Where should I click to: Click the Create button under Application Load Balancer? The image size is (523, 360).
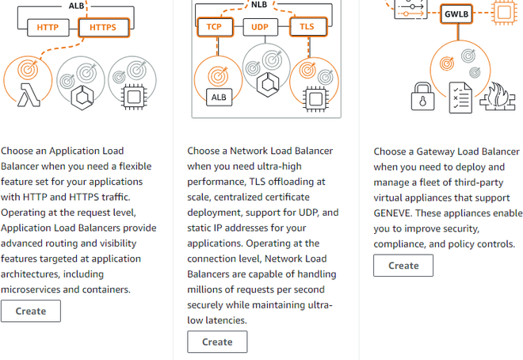(31, 311)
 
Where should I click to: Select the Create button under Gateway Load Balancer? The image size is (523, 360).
(403, 266)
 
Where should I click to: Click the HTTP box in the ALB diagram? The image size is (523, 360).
(48, 28)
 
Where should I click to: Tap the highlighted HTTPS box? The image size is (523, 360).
(103, 28)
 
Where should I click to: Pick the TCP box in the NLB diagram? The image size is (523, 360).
(215, 27)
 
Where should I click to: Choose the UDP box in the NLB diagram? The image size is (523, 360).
(260, 27)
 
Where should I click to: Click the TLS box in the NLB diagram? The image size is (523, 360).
(308, 27)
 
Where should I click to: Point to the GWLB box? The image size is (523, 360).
(456, 14)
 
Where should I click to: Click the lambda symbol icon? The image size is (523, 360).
(29, 95)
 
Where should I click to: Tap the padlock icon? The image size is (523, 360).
(422, 97)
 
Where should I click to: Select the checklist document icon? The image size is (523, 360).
(460, 98)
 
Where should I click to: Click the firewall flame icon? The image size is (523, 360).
(498, 97)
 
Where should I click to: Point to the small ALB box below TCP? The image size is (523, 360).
(219, 97)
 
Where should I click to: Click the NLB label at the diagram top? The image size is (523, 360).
(259, 5)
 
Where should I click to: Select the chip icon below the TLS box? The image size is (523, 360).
(315, 99)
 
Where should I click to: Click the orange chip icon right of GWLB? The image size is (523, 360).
(504, 13)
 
